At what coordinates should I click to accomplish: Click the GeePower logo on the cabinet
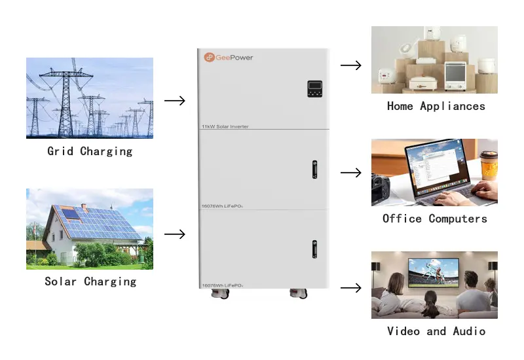click(x=228, y=58)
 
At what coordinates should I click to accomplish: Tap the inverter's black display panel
click(x=314, y=89)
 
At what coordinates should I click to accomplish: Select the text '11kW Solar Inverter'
click(x=225, y=126)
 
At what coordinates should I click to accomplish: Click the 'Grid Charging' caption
click(x=90, y=151)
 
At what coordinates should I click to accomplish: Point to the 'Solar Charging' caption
click(x=90, y=281)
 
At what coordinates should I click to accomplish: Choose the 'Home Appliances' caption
click(x=436, y=106)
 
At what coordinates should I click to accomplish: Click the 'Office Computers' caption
click(x=435, y=219)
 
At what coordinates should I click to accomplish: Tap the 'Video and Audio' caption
click(x=436, y=331)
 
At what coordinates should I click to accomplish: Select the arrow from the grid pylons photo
click(x=175, y=101)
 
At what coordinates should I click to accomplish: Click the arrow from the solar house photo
click(x=175, y=234)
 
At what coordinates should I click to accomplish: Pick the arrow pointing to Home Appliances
click(x=351, y=65)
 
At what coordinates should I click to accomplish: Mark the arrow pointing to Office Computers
click(x=351, y=173)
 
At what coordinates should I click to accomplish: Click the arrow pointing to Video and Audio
click(x=351, y=288)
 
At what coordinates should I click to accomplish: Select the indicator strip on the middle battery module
click(x=314, y=170)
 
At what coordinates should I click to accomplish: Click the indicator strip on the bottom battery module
click(x=314, y=249)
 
